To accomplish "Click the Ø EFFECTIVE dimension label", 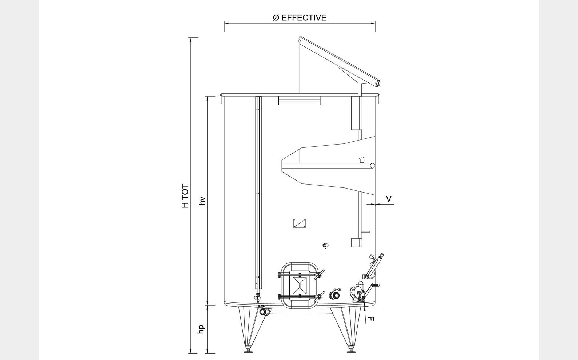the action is (300, 17).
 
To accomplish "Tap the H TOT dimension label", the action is (185, 196).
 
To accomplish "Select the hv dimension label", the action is (202, 201).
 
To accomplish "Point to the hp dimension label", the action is (201, 329).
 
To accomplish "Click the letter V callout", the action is (389, 199).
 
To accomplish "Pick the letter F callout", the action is (370, 319).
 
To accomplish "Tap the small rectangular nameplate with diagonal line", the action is (300, 223).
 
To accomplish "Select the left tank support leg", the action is (249, 329).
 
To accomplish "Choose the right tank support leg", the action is (347, 329).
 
